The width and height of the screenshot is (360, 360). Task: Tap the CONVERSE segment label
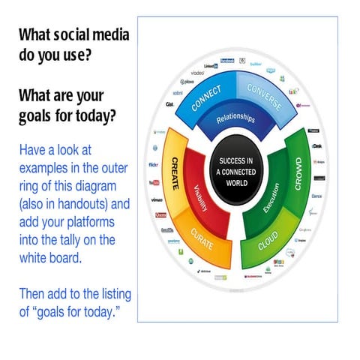(x=264, y=96)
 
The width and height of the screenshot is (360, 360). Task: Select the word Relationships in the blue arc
(x=235, y=119)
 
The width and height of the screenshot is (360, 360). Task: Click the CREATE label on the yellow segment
(x=175, y=171)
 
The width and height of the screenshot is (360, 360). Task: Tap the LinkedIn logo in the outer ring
(x=210, y=66)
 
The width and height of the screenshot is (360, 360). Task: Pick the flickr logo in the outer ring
(x=154, y=164)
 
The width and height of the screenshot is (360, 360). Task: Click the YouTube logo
(x=154, y=182)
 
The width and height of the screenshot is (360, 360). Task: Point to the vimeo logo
(x=157, y=200)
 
